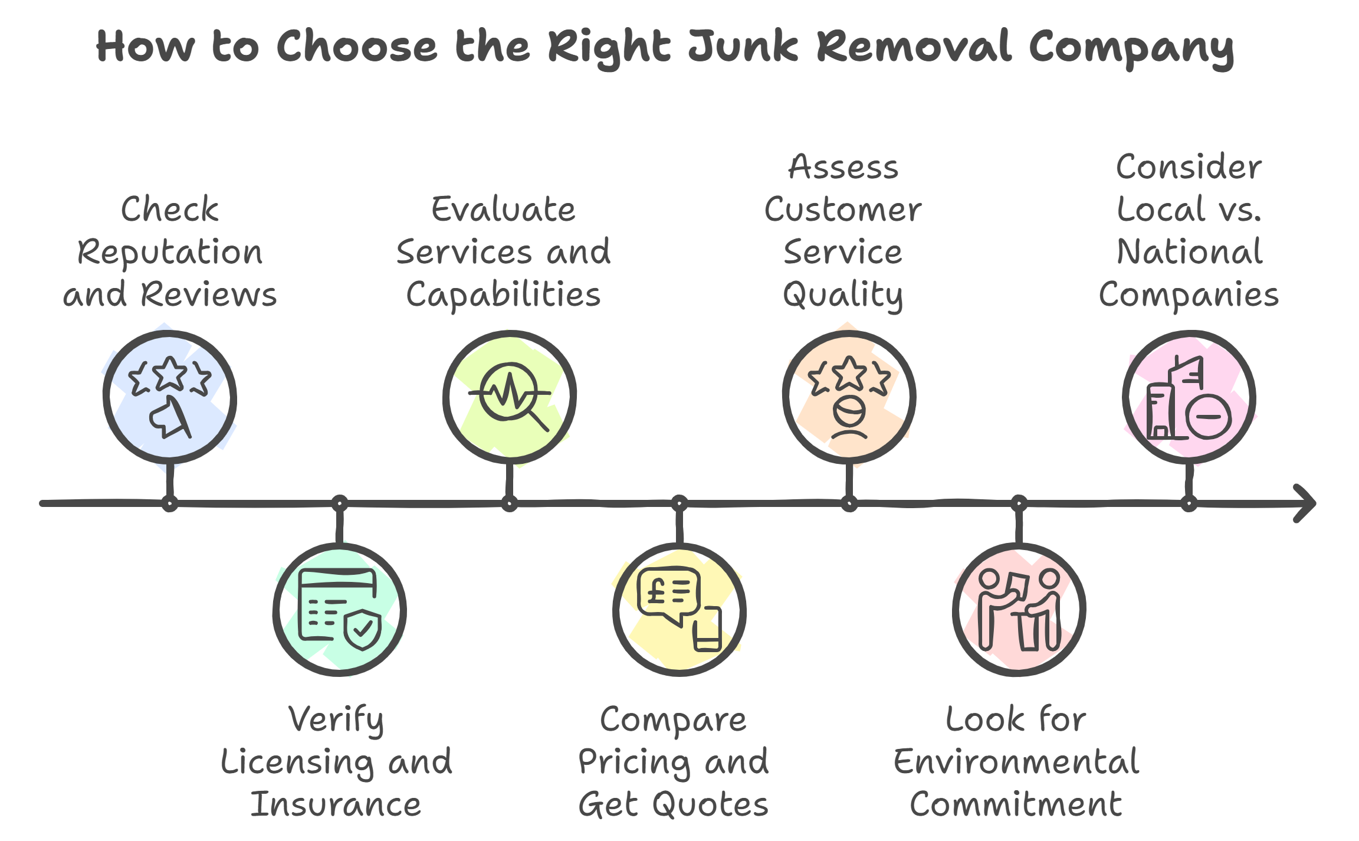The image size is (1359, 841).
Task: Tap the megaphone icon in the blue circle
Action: point(170,417)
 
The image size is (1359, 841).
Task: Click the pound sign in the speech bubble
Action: point(656,590)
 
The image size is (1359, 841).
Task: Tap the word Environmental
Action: point(1016,762)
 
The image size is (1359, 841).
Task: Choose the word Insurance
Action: point(336,804)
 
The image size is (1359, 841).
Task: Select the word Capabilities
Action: point(503,294)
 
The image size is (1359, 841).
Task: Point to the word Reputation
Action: point(170,253)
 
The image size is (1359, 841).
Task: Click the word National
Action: point(1189,252)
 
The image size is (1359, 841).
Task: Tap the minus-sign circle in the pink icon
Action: point(1209,417)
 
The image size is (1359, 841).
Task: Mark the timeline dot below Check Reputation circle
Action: point(170,504)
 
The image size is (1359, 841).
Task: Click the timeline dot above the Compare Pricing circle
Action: point(679,503)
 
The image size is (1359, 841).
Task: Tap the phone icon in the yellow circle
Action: point(707,630)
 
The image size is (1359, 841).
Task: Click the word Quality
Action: point(842,295)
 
